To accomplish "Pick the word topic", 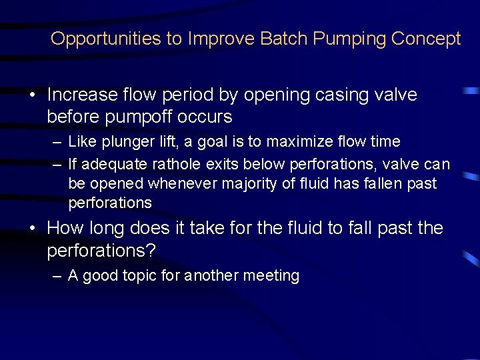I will [x=139, y=275].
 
